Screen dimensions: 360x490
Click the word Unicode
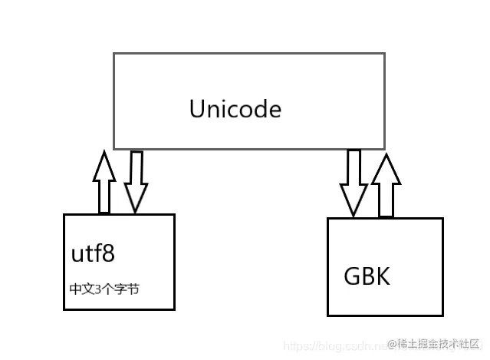pos(235,109)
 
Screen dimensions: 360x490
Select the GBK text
pos(367,275)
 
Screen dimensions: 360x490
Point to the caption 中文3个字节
pos(105,289)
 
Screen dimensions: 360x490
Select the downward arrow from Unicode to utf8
pos(136,181)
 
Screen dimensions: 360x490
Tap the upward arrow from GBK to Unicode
pos(385,185)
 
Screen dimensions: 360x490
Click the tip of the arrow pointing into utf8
pos(136,211)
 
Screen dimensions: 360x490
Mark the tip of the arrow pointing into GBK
pos(354,214)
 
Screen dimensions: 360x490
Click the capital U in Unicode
pos(197,109)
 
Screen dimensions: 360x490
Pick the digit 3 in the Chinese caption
pos(96,290)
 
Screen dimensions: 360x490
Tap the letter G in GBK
pos(352,275)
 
